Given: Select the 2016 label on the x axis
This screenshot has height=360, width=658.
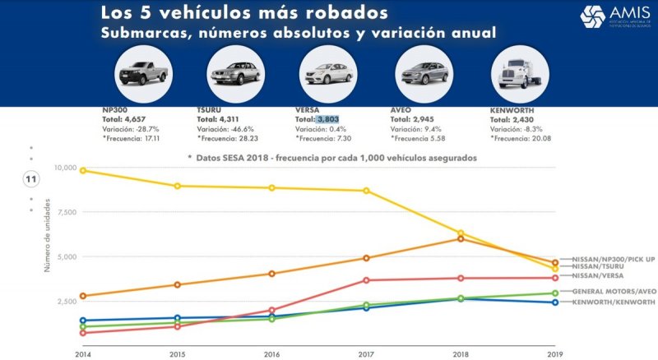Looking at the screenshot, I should (271, 353).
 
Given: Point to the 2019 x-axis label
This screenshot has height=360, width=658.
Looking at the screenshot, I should (555, 353).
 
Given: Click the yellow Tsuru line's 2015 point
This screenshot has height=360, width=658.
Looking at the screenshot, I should (177, 186).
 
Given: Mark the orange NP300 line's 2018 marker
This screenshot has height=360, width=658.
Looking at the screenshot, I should (461, 238).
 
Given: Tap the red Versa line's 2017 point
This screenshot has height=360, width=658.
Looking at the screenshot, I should (366, 280).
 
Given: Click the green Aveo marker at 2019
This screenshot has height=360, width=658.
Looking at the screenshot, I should (555, 293).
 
